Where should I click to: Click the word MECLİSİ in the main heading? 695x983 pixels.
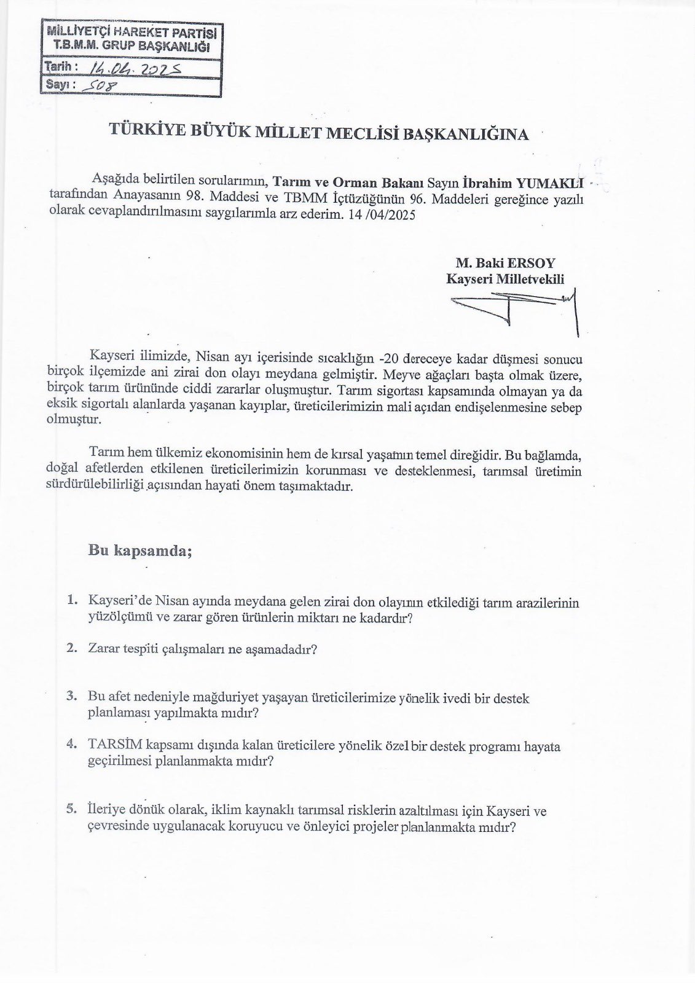coord(347,133)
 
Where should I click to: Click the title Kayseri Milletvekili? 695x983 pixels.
coord(505,280)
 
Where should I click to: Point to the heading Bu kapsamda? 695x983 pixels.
coord(141,550)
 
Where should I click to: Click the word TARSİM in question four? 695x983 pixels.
coord(115,745)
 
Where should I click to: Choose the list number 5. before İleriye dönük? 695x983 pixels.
coord(73,810)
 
